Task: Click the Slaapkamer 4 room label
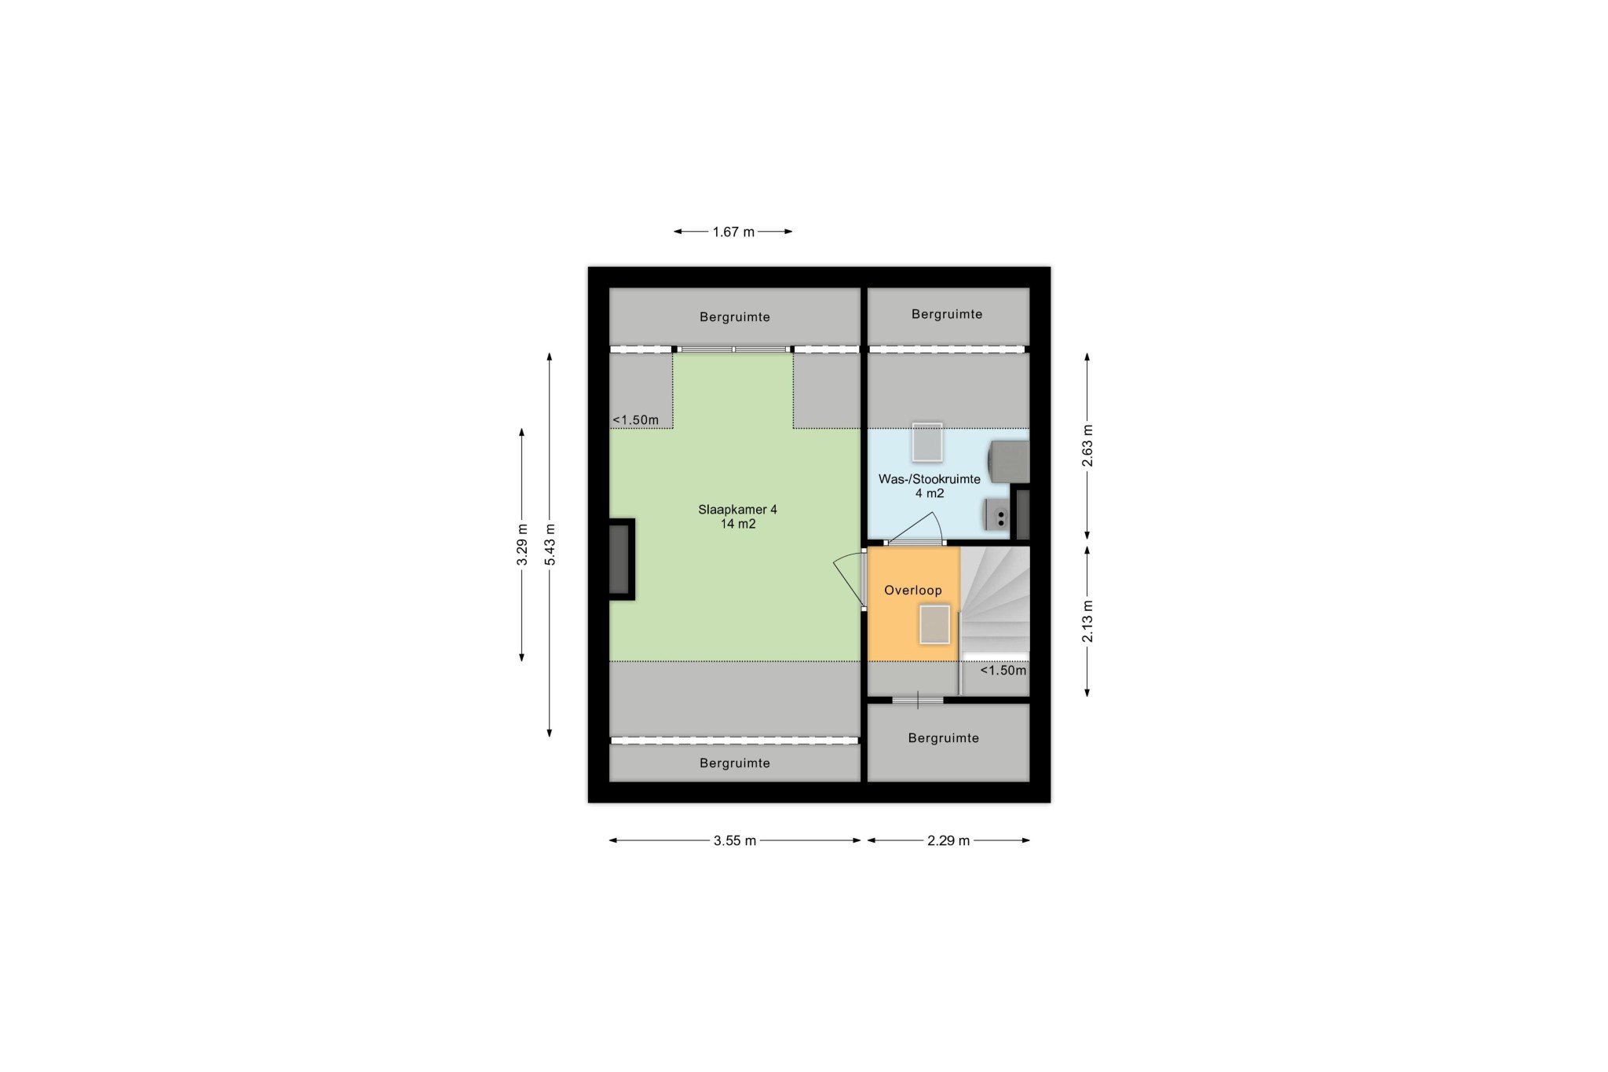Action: pyautogui.click(x=737, y=510)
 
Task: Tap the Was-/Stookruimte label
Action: pyautogui.click(x=929, y=479)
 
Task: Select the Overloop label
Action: pyautogui.click(x=912, y=591)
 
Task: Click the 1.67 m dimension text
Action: pyautogui.click(x=733, y=232)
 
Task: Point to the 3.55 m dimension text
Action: pyautogui.click(x=735, y=840)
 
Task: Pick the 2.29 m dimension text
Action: pyautogui.click(x=948, y=840)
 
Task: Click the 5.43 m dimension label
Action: pyautogui.click(x=550, y=544)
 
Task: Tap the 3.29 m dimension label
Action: pyautogui.click(x=522, y=544)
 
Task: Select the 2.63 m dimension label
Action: pyautogui.click(x=1087, y=445)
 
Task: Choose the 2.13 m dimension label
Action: pyautogui.click(x=1087, y=621)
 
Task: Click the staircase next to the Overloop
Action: pyautogui.click(x=995, y=601)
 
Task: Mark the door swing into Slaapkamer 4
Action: pyautogui.click(x=849, y=581)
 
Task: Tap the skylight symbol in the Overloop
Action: pyautogui.click(x=934, y=624)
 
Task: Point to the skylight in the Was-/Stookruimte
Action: pyautogui.click(x=927, y=443)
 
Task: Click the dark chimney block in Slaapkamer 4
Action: pyautogui.click(x=621, y=559)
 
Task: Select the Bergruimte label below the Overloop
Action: pyautogui.click(x=943, y=738)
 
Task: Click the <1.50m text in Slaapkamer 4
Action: pyautogui.click(x=636, y=420)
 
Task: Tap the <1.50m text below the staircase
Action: pyautogui.click(x=1003, y=671)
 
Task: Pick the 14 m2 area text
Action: pyautogui.click(x=738, y=524)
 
